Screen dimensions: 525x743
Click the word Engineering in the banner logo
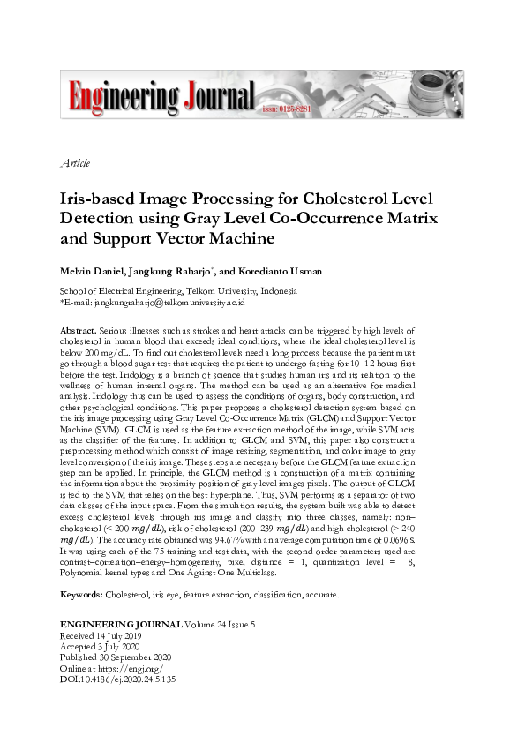point(121,94)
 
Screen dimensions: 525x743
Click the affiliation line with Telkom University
point(177,290)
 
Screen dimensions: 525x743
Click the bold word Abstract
point(78,326)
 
